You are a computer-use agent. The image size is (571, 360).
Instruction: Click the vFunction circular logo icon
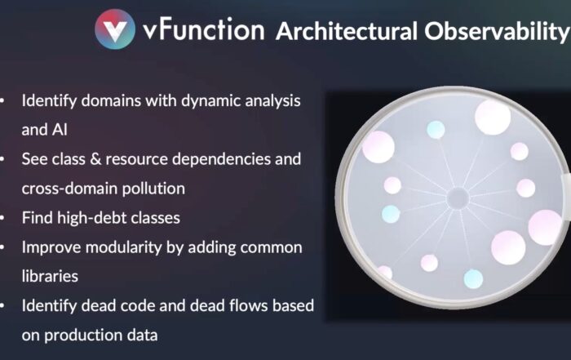coord(115,29)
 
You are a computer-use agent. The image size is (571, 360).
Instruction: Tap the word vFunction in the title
coord(204,29)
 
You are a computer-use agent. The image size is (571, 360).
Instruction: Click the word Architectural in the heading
coord(347,31)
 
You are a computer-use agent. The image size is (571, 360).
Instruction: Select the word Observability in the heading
coord(498,32)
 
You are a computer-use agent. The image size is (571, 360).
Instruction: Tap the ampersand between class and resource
coord(95,159)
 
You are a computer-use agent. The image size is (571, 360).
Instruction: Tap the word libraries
coord(50,276)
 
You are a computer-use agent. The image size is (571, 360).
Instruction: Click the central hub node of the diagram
coord(458,198)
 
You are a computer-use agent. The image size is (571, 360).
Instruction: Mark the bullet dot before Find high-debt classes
coord(2,218)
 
